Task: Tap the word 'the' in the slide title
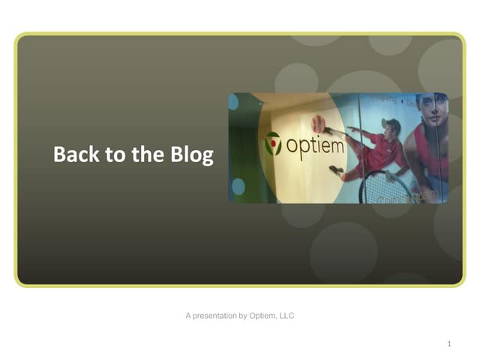(140, 155)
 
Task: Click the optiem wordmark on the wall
(315, 145)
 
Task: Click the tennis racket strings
(382, 189)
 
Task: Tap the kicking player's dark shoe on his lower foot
(336, 170)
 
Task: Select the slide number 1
(448, 344)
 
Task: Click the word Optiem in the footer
(262, 316)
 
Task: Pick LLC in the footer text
(286, 316)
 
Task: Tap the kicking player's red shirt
(382, 150)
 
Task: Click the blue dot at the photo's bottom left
(238, 186)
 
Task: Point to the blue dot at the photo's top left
(233, 102)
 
